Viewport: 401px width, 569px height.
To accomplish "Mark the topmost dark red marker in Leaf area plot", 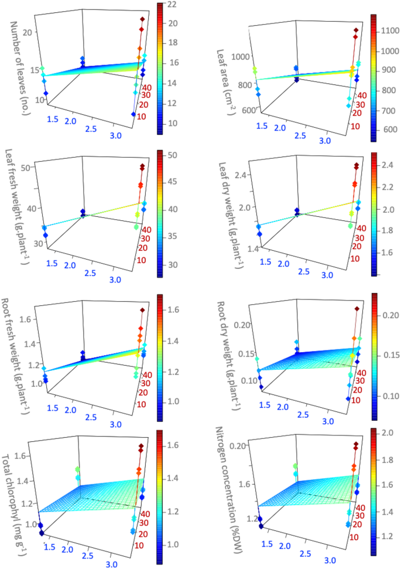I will tap(355, 30).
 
